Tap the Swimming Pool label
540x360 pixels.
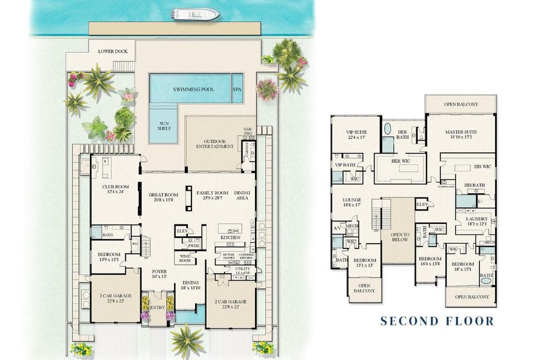click(196, 89)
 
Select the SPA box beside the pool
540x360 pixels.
click(238, 89)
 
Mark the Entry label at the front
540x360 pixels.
click(157, 307)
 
